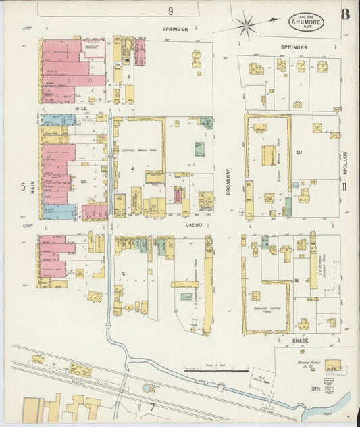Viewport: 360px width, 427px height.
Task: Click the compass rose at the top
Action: click(246, 26)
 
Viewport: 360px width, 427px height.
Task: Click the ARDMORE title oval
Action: click(306, 21)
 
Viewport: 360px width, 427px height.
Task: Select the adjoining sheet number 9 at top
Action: click(171, 11)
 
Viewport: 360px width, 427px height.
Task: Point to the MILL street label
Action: click(81, 107)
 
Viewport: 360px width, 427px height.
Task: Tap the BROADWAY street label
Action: click(228, 181)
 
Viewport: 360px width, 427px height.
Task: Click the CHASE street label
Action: click(301, 341)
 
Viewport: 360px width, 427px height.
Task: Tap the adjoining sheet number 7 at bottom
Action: click(153, 406)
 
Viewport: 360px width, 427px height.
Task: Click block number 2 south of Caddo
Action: click(124, 273)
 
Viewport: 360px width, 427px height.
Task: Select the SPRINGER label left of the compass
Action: click(174, 30)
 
